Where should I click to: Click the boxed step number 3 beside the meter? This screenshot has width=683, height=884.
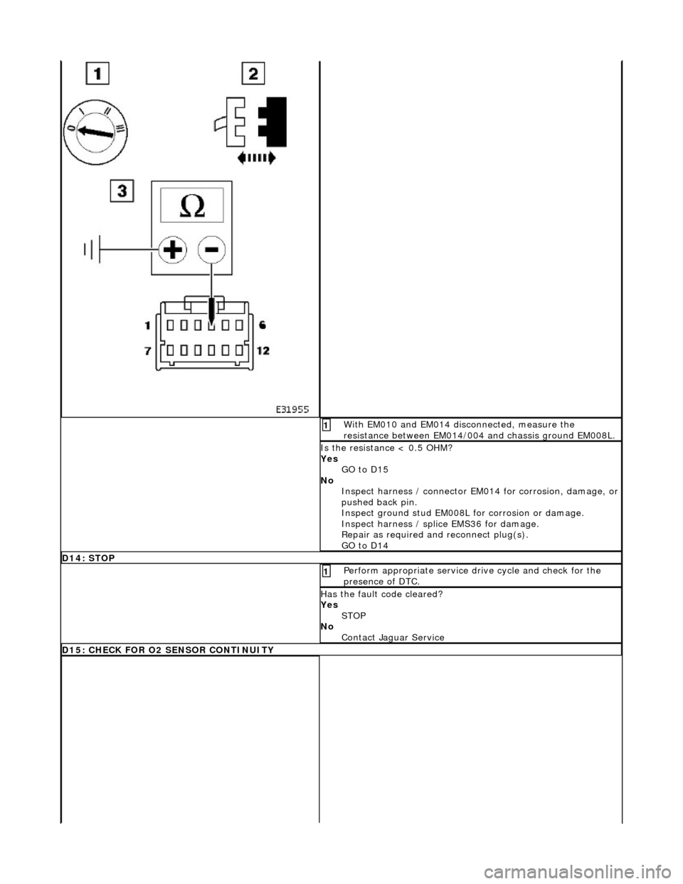[121, 191]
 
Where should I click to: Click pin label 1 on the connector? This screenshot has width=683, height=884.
[147, 325]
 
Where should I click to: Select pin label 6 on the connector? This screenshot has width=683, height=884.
[262, 325]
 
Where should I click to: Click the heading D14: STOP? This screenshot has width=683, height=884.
[88, 558]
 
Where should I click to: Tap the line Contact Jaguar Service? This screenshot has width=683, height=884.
[393, 637]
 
